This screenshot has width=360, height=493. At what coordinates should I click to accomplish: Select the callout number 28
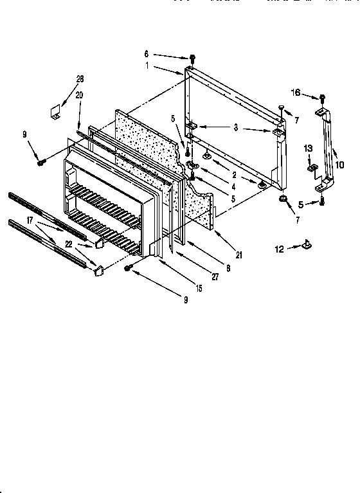pyautogui.click(x=80, y=79)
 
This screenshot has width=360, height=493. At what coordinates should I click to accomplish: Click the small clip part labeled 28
pyautogui.click(x=55, y=112)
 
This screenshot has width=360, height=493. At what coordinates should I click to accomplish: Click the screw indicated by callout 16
pyautogui.click(x=322, y=98)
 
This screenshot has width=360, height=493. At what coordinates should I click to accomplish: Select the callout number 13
pyautogui.click(x=307, y=148)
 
